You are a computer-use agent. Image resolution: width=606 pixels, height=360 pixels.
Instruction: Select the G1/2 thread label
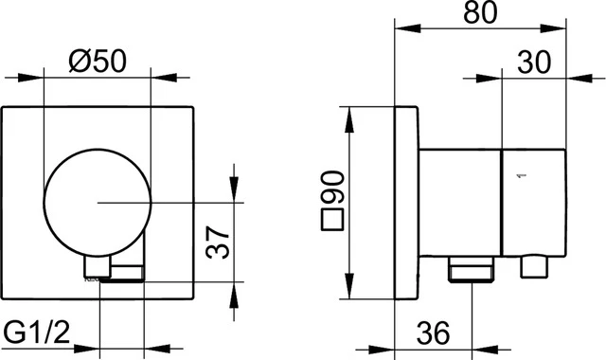(x=40, y=333)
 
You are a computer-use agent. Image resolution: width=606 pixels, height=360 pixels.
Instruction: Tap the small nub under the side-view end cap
(x=536, y=268)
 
